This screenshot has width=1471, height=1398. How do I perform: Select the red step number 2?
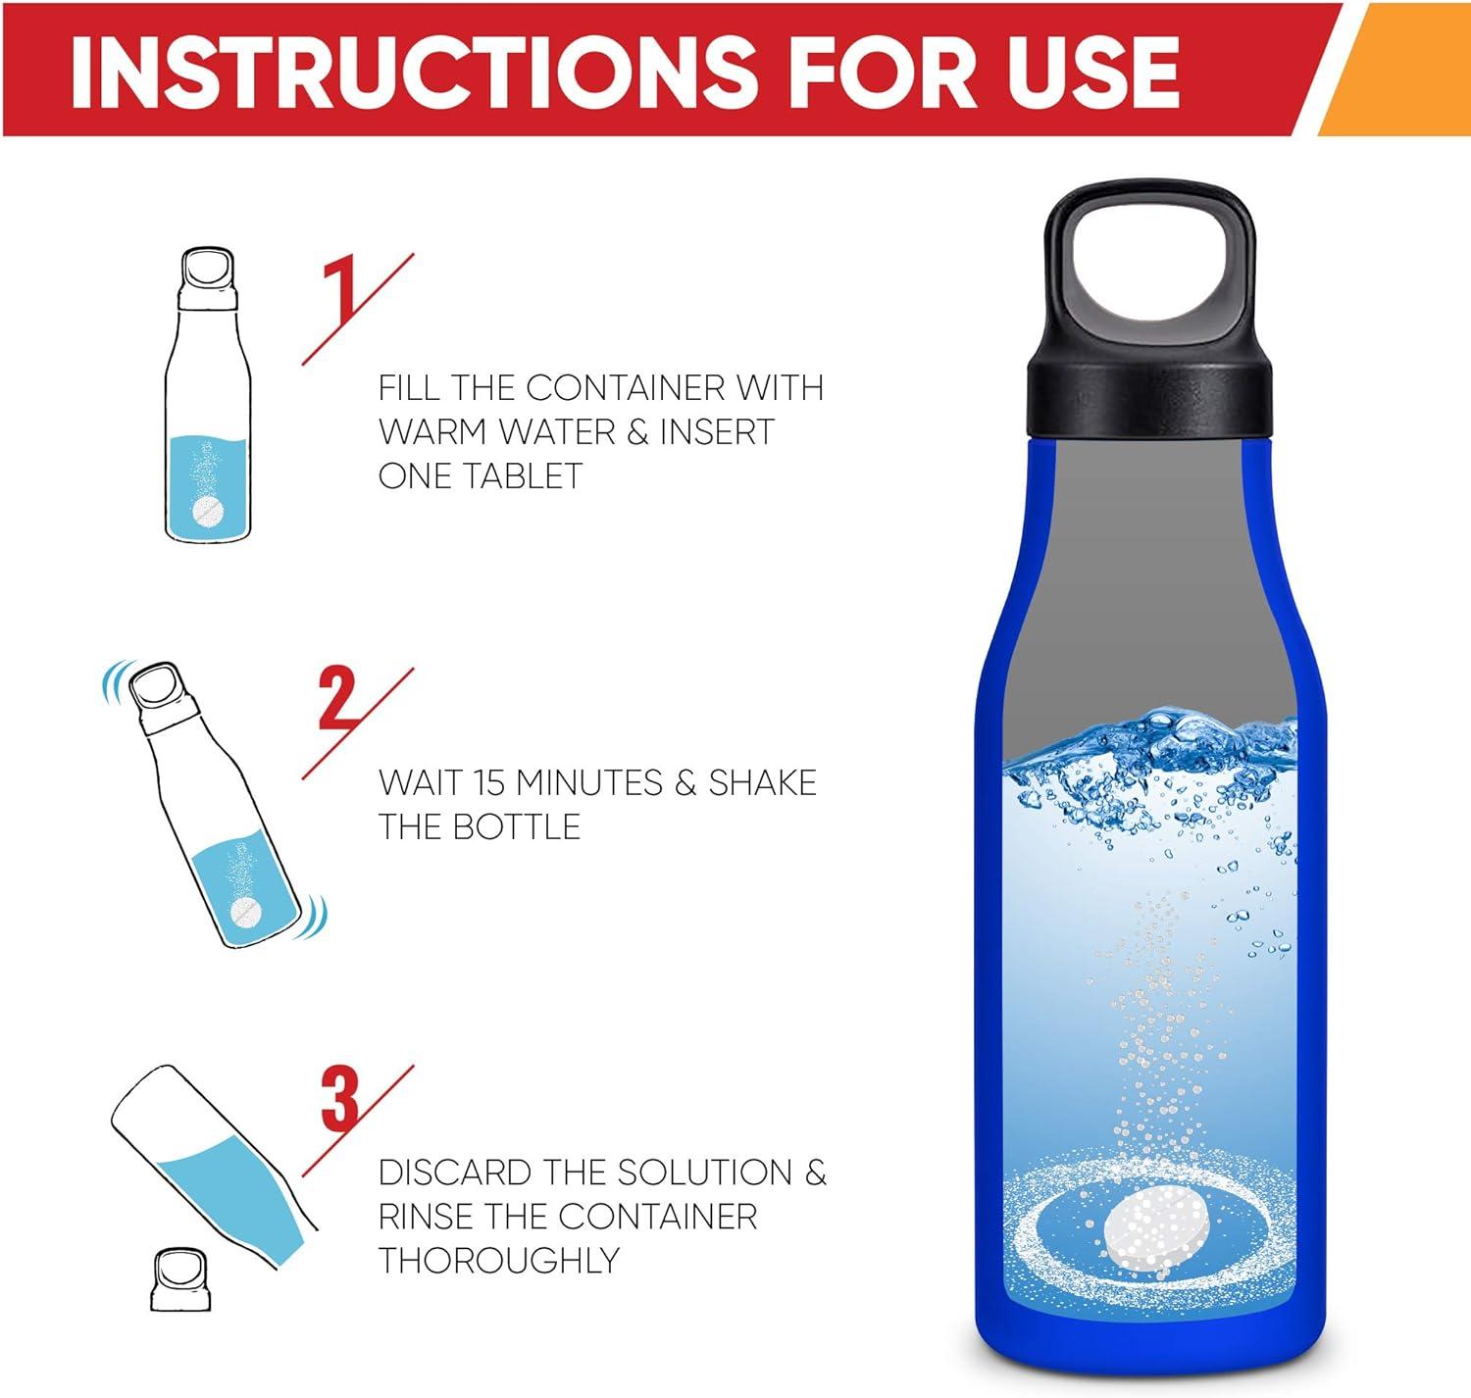coord(339,697)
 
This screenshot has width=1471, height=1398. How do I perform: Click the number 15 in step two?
coord(490,782)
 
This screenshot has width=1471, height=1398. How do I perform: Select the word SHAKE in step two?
coord(762,782)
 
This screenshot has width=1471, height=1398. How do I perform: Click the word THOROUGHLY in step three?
coord(498,1260)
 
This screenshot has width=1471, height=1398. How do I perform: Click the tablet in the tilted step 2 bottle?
coord(244,911)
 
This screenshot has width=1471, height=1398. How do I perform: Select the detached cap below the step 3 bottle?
coord(180,1279)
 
